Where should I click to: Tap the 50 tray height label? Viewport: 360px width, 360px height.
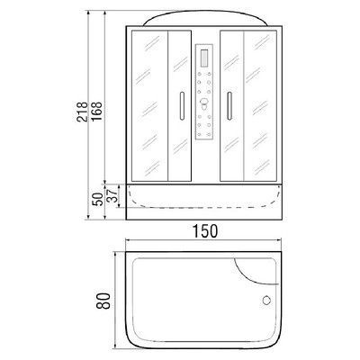click(x=96, y=199)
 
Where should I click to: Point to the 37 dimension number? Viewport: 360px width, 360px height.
click(x=112, y=194)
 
